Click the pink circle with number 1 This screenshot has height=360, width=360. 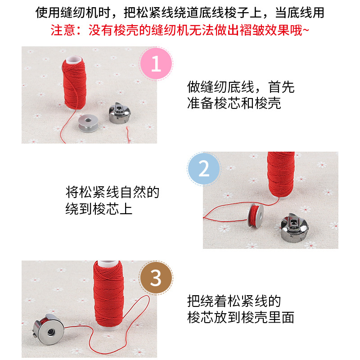pos(156,63)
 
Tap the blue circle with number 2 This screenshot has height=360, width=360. pos(204,169)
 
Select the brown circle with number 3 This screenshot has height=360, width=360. pos(156,278)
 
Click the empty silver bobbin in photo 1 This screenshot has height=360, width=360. pos(88,123)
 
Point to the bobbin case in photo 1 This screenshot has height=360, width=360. pos(120,113)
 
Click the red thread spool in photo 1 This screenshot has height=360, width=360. pos(74,84)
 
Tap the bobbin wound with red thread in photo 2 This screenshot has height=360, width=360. pos(256,215)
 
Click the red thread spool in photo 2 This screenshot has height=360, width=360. pos(281,175)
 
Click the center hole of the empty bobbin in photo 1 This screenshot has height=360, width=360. pos(88,120)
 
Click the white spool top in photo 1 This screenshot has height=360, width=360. pos(74,59)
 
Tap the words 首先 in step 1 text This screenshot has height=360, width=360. pos(282,87)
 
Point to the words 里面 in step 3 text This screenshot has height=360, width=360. pos(281,318)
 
